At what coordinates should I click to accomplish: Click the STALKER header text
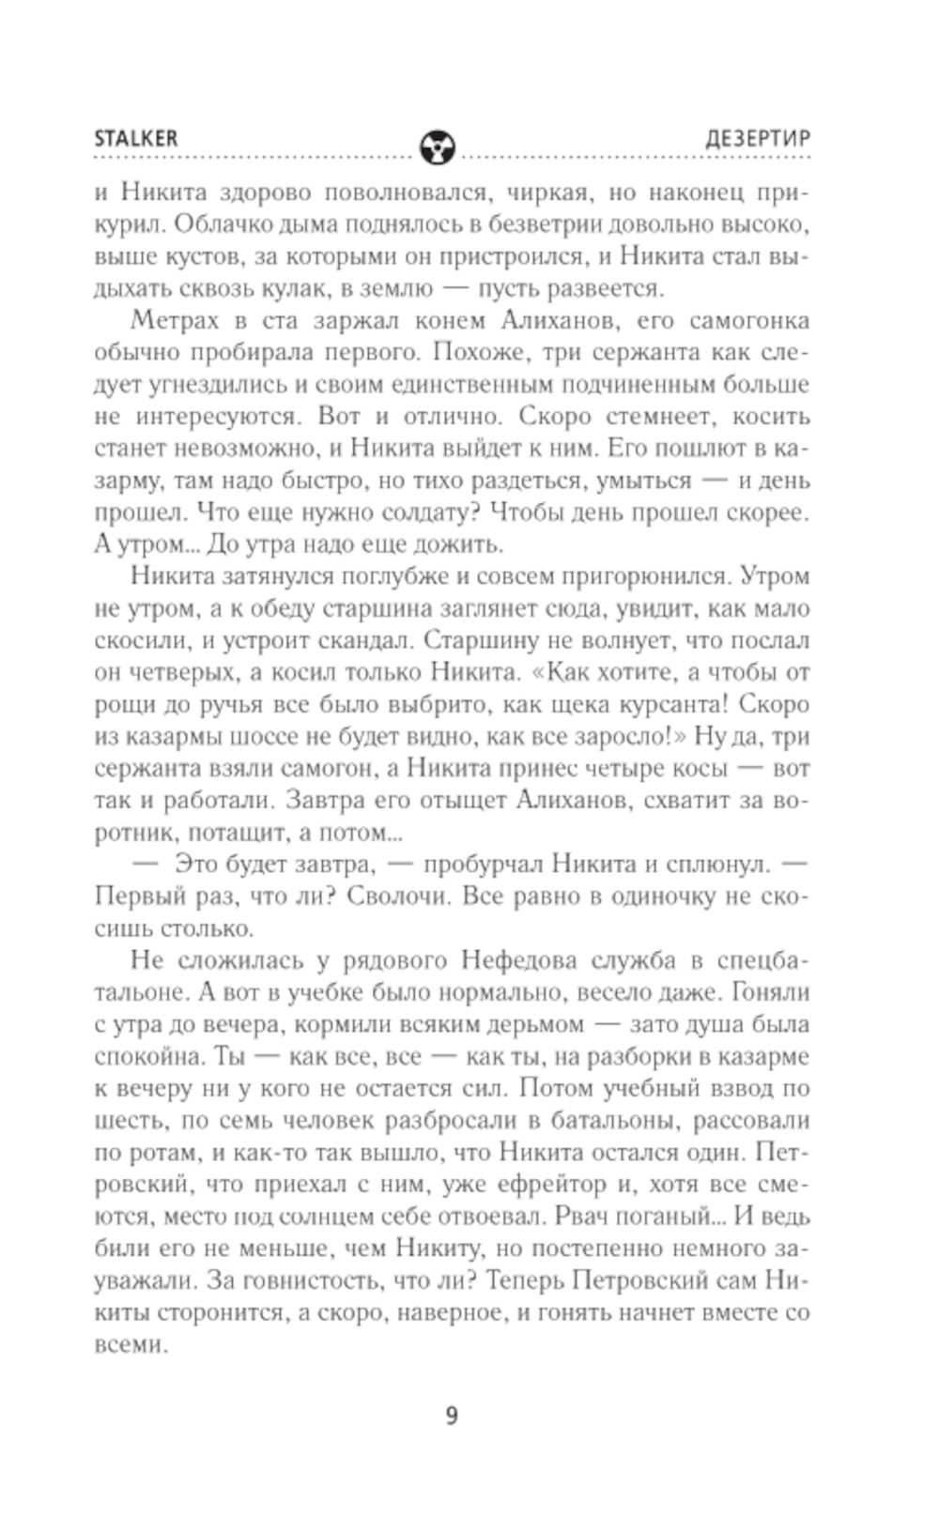point(135,138)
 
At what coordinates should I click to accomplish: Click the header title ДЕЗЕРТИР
point(758,138)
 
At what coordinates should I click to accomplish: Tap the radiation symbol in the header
point(437,146)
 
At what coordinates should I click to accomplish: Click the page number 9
point(452,1415)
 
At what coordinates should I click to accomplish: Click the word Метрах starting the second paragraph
point(176,320)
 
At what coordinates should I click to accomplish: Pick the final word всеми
point(130,1343)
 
